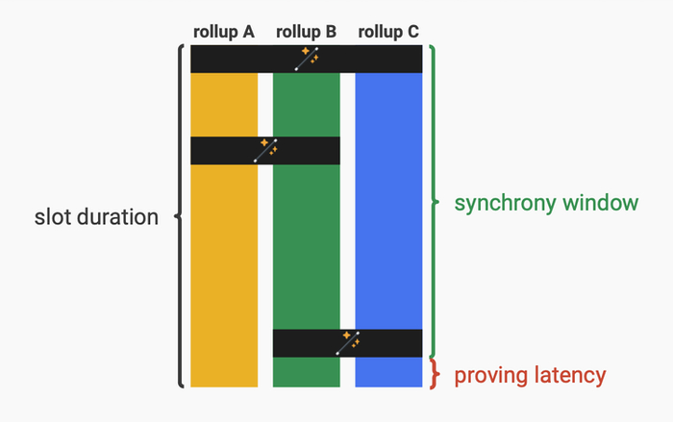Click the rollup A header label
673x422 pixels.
[x=224, y=32]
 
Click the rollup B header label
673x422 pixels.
[x=306, y=32]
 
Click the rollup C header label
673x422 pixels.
[x=388, y=32]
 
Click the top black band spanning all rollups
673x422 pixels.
[x=240, y=59]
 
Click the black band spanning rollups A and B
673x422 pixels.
[x=221, y=151]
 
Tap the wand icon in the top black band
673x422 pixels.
[x=307, y=59]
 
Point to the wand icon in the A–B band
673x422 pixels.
[x=265, y=150]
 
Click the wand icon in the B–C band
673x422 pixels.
[x=347, y=343]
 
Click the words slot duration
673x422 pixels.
[x=96, y=217]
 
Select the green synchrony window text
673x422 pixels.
[x=546, y=204]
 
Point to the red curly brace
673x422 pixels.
[x=435, y=374]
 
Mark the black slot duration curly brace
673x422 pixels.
[x=180, y=216]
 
